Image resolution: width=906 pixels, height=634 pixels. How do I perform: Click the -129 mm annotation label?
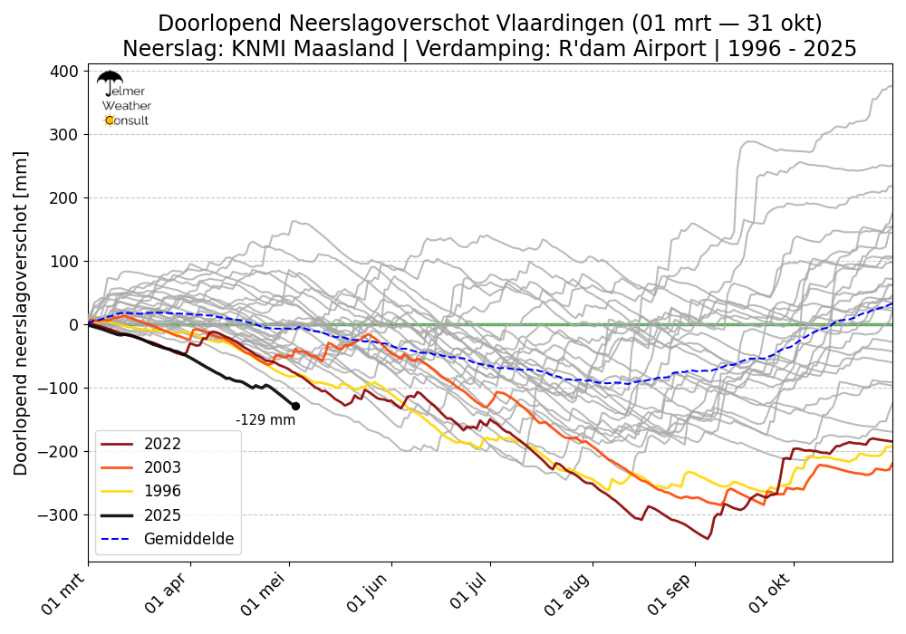265,420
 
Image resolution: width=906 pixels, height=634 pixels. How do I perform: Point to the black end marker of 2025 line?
295,406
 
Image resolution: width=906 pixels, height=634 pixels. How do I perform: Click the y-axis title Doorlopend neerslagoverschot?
21,312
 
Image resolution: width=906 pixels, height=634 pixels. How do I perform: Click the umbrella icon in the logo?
110,81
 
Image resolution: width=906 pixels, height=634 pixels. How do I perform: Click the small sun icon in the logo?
110,120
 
